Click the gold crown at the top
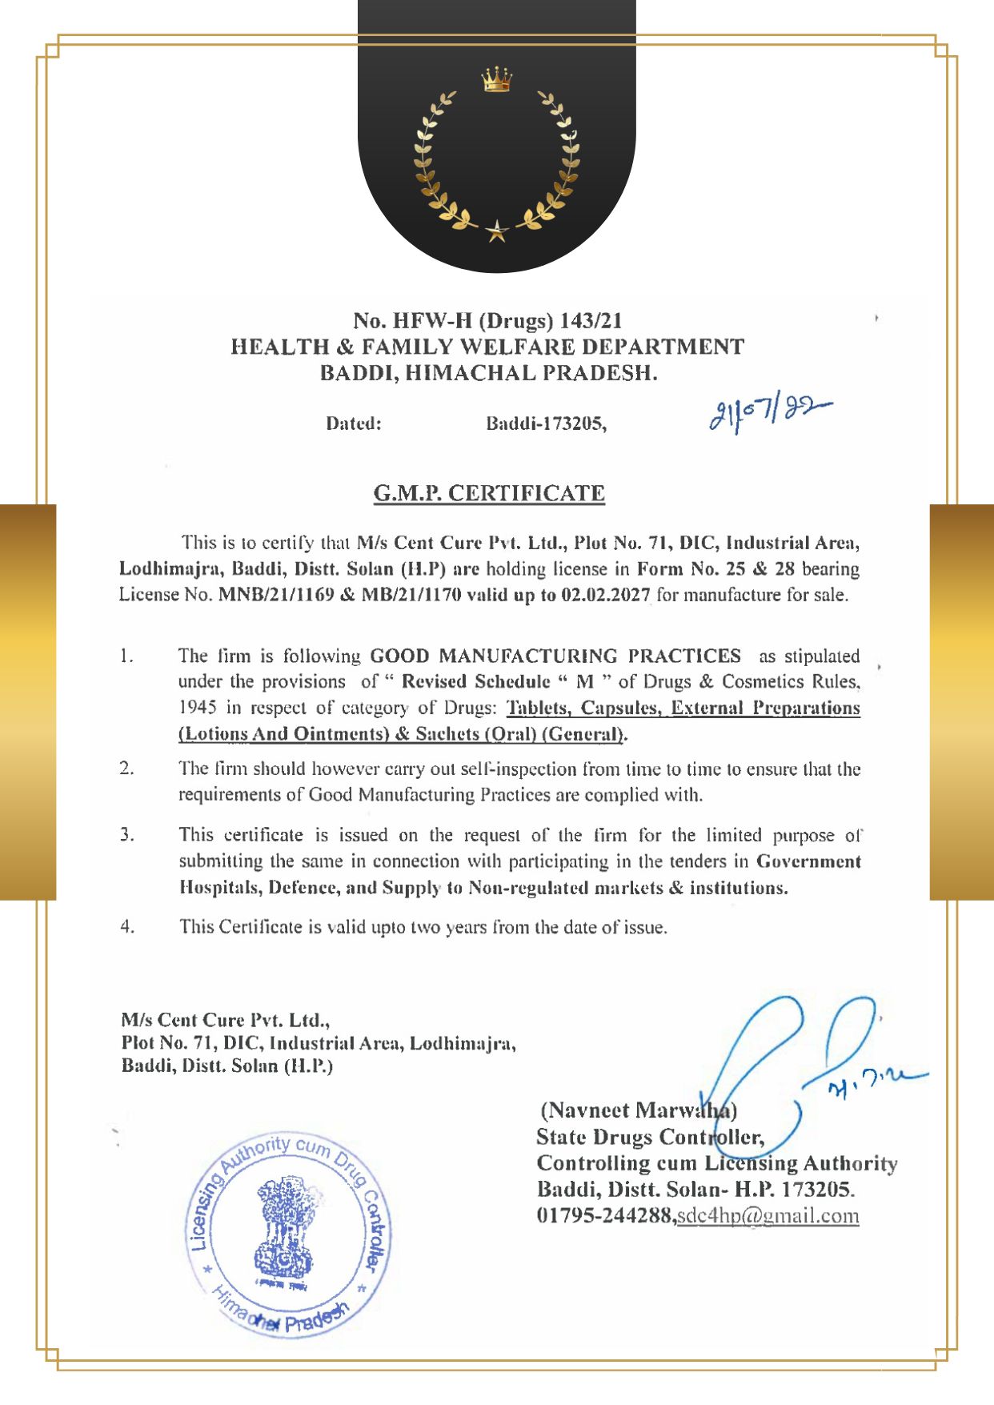point(496,80)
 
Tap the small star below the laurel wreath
point(496,231)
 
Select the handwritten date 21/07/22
point(769,415)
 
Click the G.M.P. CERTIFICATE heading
point(489,493)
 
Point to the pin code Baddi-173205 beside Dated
point(546,424)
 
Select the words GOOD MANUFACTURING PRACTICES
point(555,656)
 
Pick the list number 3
point(127,835)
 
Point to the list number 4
point(127,927)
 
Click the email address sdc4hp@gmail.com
point(768,1215)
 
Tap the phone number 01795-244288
point(606,1215)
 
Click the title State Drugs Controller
point(650,1137)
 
